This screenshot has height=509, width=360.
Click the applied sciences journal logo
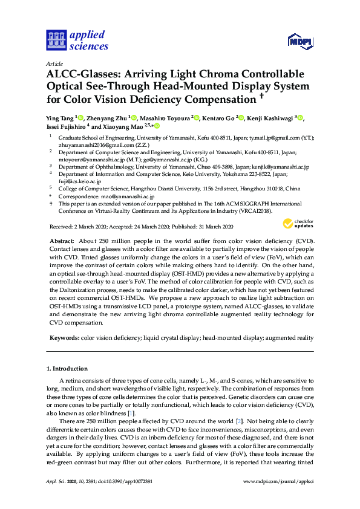(x=77, y=41)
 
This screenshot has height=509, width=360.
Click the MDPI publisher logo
(x=301, y=42)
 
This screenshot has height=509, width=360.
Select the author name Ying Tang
(x=60, y=117)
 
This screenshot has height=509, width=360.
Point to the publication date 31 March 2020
(x=212, y=227)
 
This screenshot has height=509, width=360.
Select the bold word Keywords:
(x=64, y=338)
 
